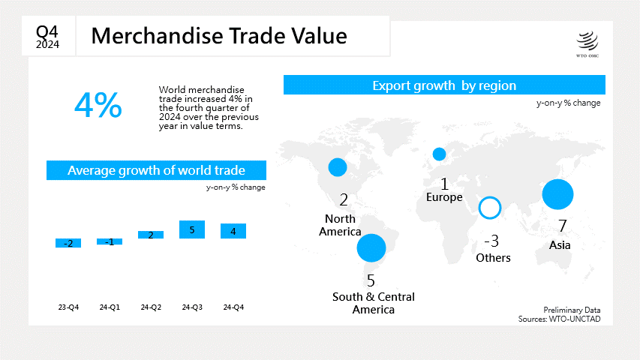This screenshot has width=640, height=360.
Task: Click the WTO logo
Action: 587,44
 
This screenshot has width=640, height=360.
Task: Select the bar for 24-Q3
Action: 192,229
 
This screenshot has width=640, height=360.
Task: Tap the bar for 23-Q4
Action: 68,243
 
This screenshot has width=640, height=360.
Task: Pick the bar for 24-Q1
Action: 110,241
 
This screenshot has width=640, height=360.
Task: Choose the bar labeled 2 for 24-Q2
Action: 151,235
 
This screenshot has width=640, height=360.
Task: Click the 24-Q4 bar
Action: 233,231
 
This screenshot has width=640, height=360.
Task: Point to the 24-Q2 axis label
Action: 151,307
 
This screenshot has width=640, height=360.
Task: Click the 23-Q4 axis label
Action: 68,307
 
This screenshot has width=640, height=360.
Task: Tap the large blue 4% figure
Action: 98,105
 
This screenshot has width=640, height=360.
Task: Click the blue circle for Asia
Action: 557,194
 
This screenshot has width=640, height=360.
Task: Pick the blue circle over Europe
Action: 439,154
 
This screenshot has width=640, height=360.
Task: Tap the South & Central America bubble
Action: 371,247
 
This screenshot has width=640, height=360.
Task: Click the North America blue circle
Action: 338,167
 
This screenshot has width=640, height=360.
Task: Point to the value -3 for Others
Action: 491,241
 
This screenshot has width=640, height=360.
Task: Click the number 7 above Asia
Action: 563,226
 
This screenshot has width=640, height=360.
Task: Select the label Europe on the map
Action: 444,197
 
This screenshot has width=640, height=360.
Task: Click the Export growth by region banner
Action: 444,85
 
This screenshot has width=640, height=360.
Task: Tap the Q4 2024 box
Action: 48,36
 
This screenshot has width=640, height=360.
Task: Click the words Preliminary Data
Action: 572,310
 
